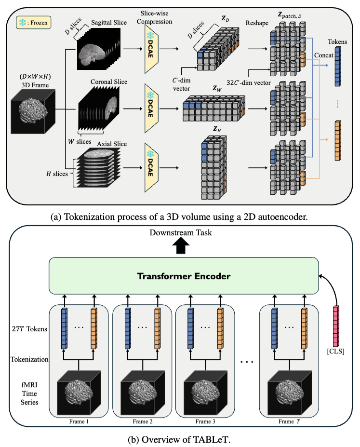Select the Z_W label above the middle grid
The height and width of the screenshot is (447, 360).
pos(211,90)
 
